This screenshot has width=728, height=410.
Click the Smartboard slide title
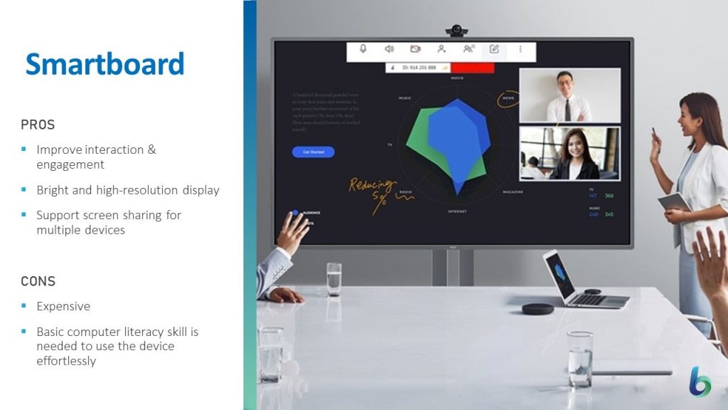pos(105,64)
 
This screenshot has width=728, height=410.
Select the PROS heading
pos(38,125)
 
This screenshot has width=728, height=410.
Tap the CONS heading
pos(38,281)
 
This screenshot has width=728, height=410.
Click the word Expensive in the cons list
pos(63,307)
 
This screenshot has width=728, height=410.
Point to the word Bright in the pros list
pos(53,190)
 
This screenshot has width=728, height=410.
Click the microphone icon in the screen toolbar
pos(363,49)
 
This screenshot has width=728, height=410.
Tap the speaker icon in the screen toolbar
pos(389,49)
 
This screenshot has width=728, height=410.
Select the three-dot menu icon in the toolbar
pos(520,49)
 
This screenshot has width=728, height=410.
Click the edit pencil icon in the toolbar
pos(494,49)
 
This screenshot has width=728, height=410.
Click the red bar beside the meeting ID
pos(473,68)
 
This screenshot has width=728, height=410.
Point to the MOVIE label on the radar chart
pos(456,78)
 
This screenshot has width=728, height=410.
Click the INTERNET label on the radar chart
pos(457,211)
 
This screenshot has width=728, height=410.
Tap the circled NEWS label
pos(508,98)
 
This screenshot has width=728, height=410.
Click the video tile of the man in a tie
pos(569,95)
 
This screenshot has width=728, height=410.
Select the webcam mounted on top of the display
pos(456,31)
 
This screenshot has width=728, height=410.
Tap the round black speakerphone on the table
pos(537,308)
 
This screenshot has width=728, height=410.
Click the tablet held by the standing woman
pos(673,201)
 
